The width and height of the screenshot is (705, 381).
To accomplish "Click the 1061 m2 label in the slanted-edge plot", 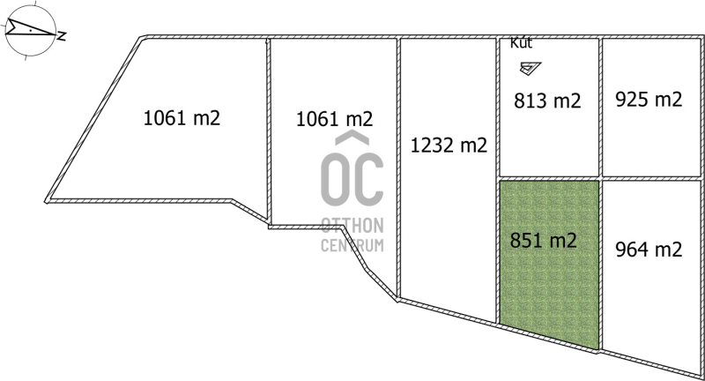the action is [182, 118].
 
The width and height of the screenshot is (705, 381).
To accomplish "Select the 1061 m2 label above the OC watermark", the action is [335, 119].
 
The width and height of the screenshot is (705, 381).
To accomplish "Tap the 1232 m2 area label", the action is [449, 146].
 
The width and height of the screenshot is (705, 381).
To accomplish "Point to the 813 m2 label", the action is [547, 101].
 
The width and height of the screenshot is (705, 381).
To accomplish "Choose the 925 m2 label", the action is [649, 100].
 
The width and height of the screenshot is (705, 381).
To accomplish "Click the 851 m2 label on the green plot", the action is [543, 240].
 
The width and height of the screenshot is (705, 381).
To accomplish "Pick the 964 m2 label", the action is [649, 250].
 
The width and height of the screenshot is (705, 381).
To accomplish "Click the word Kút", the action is [521, 43].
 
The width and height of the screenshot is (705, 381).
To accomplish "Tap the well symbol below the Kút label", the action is [531, 68].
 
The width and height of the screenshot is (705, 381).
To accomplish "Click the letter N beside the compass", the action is [62, 36].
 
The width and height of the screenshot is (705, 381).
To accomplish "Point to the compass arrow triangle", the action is [30, 28].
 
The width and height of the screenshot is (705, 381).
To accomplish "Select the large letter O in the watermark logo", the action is [337, 178].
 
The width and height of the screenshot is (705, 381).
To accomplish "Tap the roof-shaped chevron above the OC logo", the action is [352, 138].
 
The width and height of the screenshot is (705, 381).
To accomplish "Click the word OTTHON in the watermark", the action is [352, 226].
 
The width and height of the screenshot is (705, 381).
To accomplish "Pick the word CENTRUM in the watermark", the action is [352, 245].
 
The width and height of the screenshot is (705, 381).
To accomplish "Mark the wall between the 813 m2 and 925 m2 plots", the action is [600, 107].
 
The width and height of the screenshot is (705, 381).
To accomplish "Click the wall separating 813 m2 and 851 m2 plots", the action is [549, 178].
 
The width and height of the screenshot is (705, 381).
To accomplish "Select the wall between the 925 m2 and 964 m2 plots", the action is [651, 178].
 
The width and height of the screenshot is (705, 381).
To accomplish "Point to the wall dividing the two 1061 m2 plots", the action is [269, 131].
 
